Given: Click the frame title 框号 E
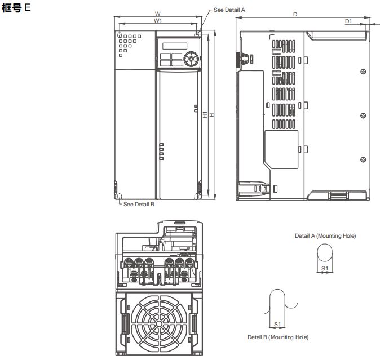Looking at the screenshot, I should point(17,10).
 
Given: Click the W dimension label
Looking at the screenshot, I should point(158,14).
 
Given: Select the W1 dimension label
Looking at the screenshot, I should point(158,21).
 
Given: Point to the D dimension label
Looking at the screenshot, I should point(295,14).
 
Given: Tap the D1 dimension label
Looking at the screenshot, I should point(348,21).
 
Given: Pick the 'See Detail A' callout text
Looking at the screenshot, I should point(229,10).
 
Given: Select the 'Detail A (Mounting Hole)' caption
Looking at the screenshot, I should point(325,235).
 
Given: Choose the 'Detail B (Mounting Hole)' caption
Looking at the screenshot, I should point(278,337).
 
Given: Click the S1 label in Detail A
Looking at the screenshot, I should point(325,269).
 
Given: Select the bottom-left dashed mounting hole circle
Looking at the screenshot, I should point(118,196).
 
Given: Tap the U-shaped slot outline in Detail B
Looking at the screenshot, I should point(277,304).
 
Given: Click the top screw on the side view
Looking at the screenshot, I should point(362,71).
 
